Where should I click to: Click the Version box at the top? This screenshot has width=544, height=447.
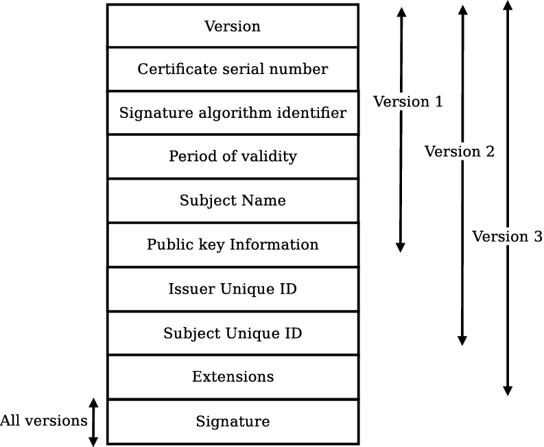pos(233,26)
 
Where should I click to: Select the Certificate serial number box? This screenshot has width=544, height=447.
pos(233,69)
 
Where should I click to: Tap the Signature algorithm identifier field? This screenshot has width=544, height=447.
pos(233,112)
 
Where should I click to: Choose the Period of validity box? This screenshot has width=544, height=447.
pos(233,156)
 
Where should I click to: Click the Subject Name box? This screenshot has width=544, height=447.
pos(233,201)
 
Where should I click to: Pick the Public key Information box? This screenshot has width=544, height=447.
pos(233,245)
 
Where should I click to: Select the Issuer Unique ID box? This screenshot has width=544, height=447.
pos(233,289)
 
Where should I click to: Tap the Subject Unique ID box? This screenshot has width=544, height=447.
pos(233,333)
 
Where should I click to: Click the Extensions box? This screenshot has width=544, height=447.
pos(233,377)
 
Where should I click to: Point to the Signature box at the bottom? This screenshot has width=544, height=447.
pos(233,421)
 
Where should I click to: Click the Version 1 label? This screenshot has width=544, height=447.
pos(407,101)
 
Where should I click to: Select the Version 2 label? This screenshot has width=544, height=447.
pos(459,152)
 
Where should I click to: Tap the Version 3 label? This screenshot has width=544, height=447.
pos(507,237)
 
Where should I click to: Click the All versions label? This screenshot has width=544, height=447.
pos(43,420)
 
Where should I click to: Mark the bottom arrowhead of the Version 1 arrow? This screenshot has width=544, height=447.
pos(401,247)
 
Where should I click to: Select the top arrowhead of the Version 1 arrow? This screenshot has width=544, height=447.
pos(401,12)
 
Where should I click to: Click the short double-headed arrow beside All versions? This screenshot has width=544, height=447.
pos(94,422)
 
